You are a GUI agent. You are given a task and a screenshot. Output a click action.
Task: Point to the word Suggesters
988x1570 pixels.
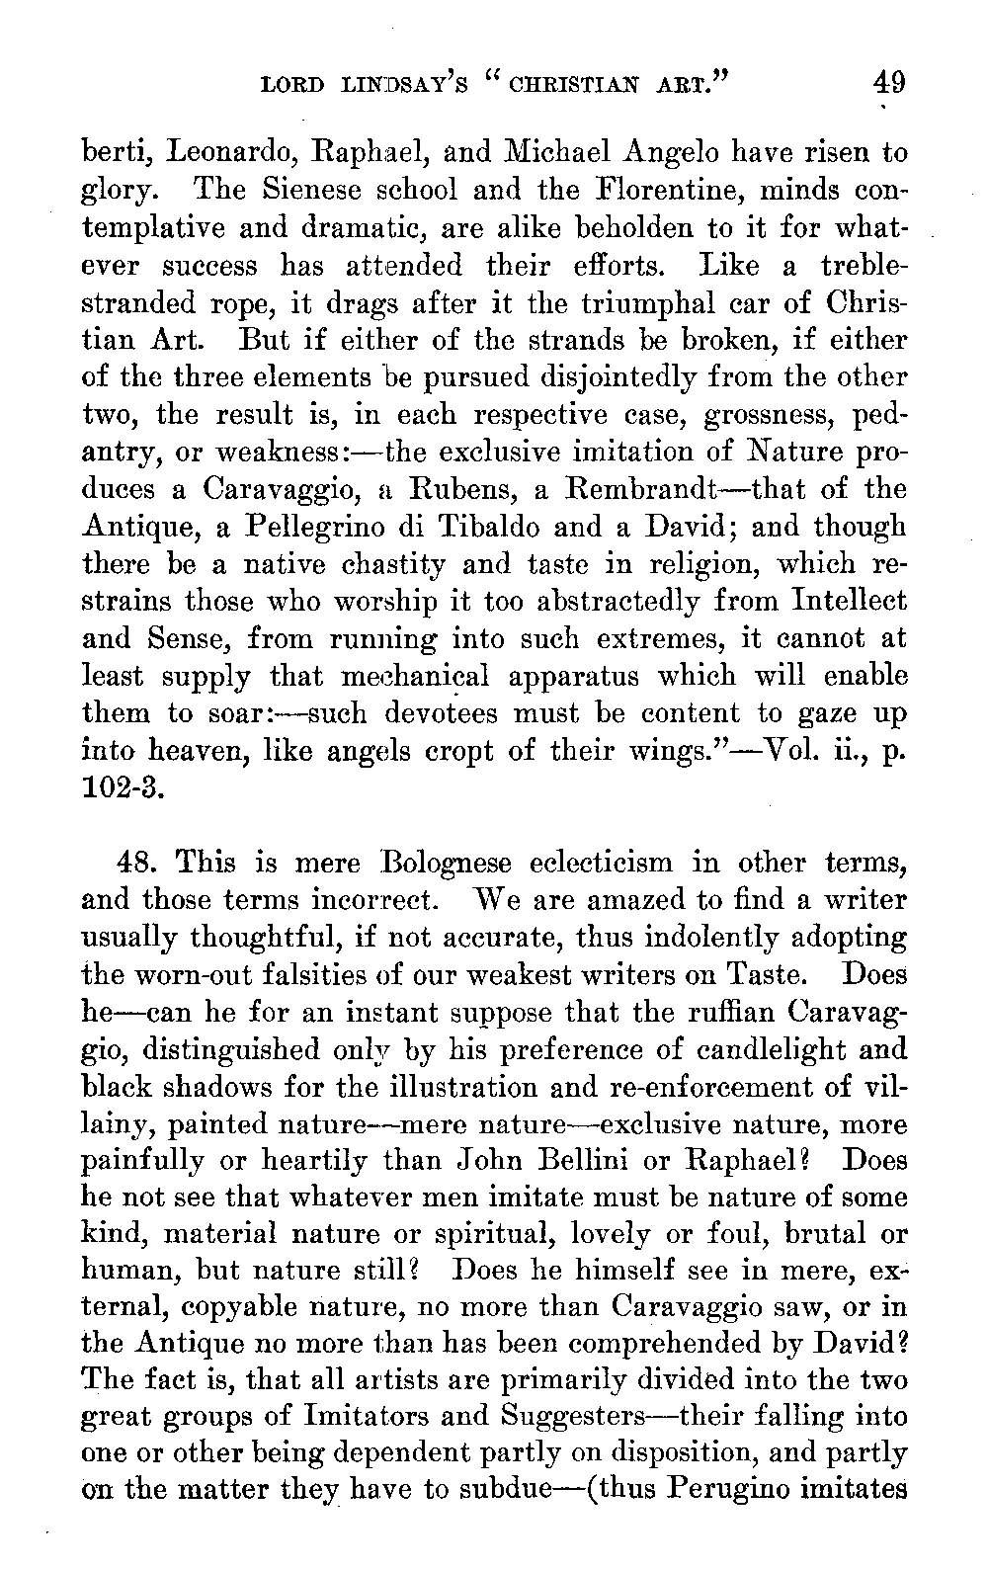(582, 1418)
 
